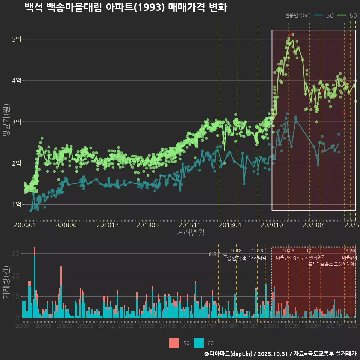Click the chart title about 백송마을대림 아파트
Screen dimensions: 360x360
[126, 7]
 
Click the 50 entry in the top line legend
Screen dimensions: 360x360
[330, 15]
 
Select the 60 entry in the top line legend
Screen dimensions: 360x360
[353, 15]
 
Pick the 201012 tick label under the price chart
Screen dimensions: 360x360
[107, 225]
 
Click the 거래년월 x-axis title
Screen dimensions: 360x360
[190, 233]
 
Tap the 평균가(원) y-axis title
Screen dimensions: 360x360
[6, 122]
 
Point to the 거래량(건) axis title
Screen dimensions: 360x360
[6, 282]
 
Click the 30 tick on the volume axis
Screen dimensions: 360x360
[15, 253]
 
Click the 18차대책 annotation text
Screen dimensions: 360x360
[258, 258]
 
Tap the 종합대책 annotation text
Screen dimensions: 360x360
[237, 258]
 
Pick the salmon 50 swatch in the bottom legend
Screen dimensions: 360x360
[174, 343]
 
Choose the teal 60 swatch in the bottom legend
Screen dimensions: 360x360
[199, 343]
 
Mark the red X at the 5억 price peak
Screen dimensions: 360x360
[290, 34]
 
